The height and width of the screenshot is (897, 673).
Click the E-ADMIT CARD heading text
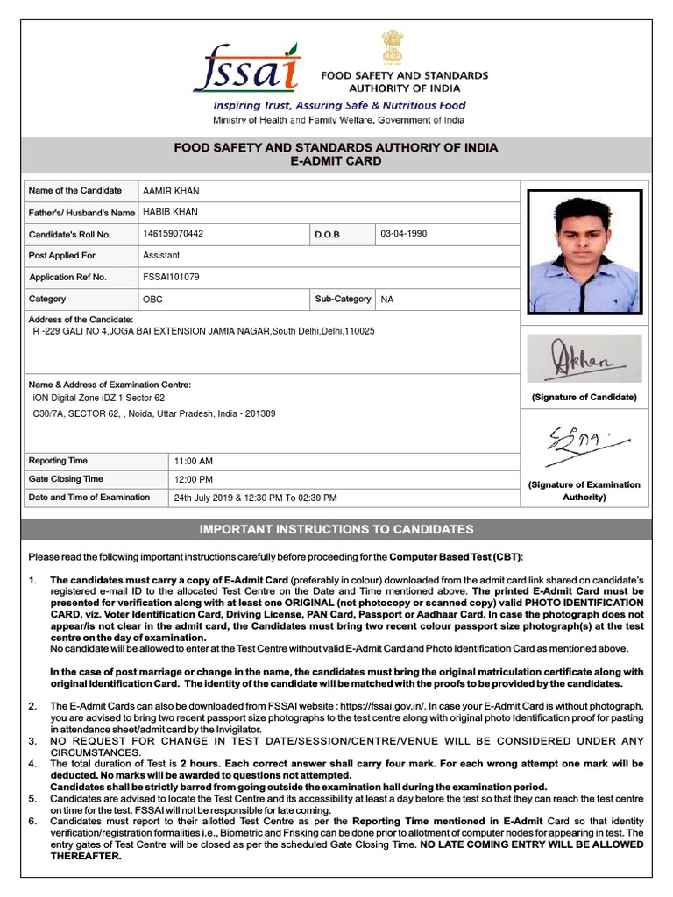[x=336, y=162]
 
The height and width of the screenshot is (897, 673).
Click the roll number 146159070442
[x=173, y=235]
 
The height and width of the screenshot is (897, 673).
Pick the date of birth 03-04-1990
[x=404, y=235]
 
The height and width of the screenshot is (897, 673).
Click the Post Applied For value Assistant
[x=161, y=256]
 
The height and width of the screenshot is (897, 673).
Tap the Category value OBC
[x=152, y=300]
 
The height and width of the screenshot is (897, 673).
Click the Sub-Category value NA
[x=387, y=300]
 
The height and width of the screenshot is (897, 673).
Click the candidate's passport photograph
[x=584, y=251]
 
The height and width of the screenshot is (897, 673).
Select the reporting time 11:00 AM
[x=194, y=462]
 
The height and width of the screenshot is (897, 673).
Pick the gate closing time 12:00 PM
[x=194, y=480]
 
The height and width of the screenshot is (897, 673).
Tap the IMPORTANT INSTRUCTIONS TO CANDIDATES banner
[x=336, y=530]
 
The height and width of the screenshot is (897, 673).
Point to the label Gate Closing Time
[x=66, y=479]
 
